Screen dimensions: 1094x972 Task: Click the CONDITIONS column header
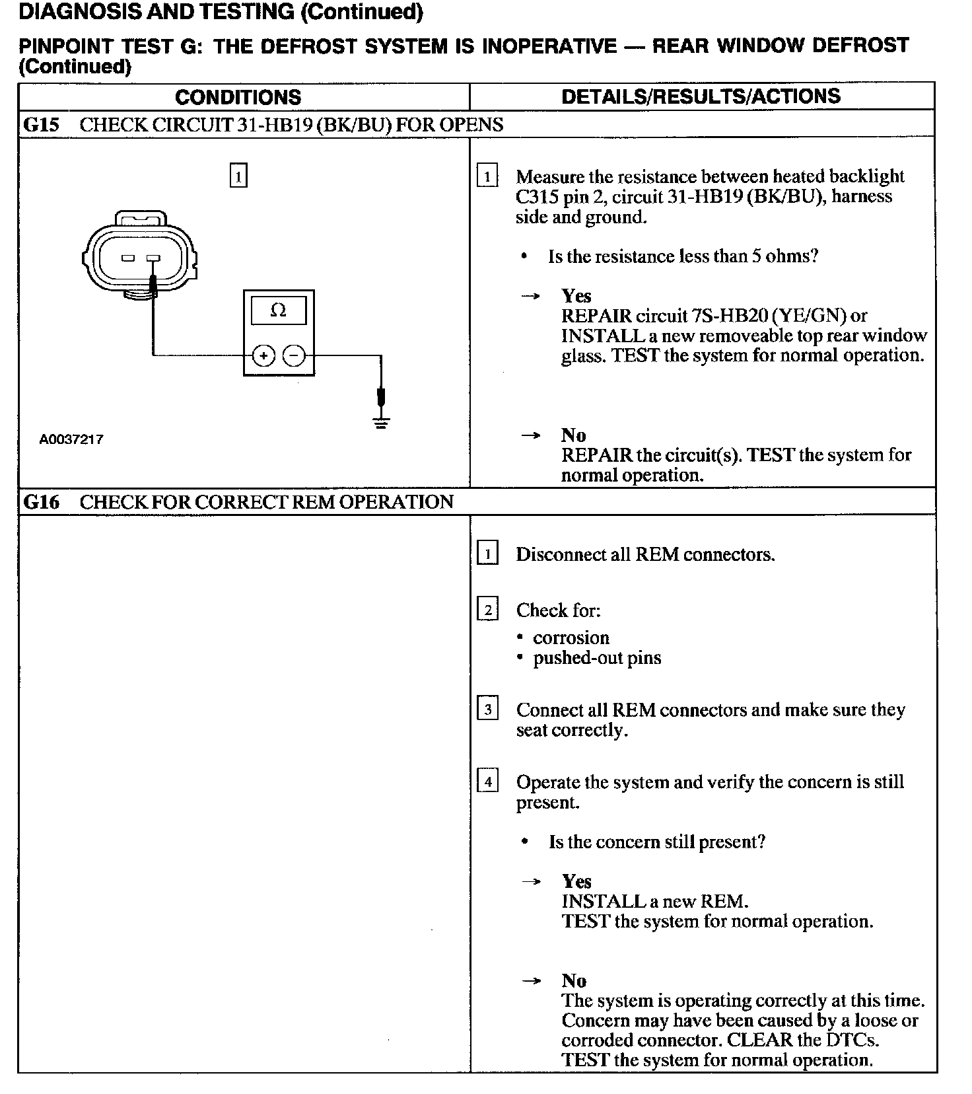tap(238, 97)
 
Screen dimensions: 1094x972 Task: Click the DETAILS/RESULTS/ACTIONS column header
tap(701, 96)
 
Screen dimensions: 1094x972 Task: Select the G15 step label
tap(41, 125)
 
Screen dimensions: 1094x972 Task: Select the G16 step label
tap(41, 502)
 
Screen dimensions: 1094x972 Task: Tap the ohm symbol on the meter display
tap(279, 310)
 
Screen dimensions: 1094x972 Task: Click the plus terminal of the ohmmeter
tap(263, 356)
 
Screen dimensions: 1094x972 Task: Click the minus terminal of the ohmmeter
tap(295, 356)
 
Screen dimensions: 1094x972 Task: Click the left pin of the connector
tap(129, 258)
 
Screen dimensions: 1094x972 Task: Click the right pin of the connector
tap(153, 258)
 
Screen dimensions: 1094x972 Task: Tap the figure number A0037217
tap(71, 439)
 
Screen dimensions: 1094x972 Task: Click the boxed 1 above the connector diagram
tap(238, 176)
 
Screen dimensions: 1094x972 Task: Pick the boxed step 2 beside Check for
tap(487, 609)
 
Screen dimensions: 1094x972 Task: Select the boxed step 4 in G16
tap(487, 782)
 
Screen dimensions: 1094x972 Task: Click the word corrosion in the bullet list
tap(571, 638)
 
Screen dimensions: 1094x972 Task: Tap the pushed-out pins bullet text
tap(597, 658)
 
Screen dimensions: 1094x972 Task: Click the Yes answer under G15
tap(576, 295)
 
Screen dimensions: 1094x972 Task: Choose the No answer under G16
tap(574, 980)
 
